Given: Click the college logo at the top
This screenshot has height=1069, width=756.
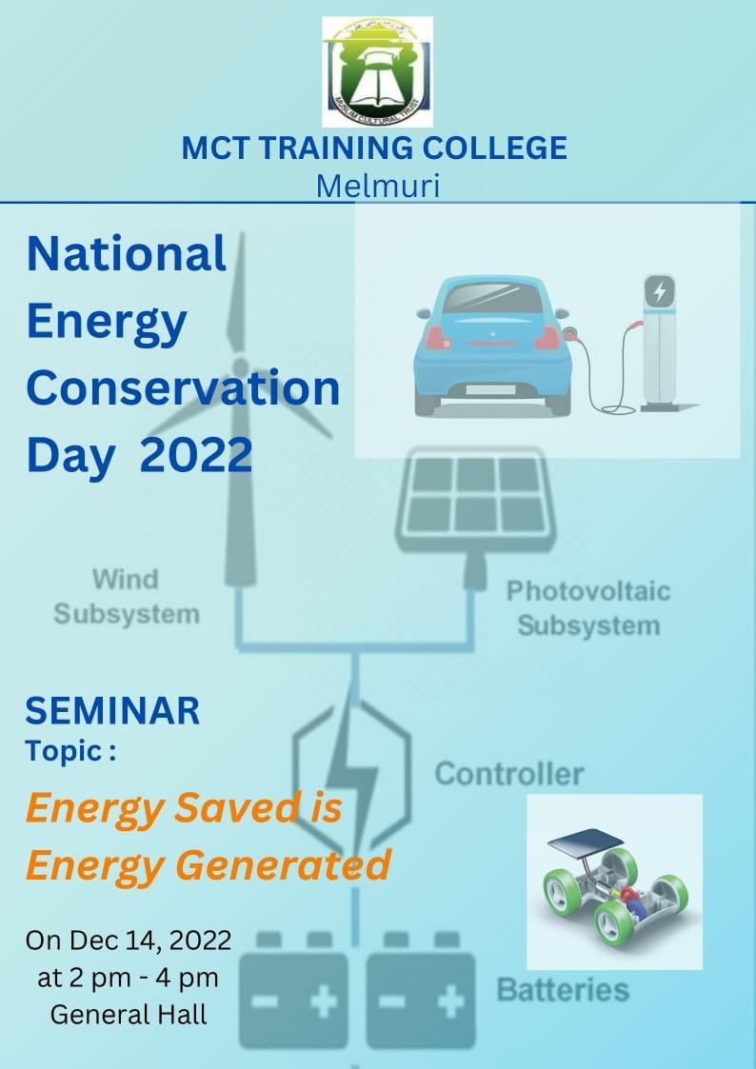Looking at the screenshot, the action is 378,71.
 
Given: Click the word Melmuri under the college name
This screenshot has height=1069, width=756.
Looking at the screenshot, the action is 378,186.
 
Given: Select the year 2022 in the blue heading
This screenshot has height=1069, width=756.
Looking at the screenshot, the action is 196,455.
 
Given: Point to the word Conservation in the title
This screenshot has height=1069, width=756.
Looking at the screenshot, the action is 183,387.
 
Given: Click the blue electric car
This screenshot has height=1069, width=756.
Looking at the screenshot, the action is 493,346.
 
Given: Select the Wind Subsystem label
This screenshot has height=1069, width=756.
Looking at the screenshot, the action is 127,597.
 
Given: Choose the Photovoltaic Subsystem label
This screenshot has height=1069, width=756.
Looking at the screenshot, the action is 588,608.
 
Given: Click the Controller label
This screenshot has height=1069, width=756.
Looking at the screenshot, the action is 509,774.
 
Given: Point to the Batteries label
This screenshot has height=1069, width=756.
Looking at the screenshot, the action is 563,990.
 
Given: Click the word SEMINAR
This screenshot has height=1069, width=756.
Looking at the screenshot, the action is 112,710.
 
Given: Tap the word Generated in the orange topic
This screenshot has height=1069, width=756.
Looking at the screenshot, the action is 283,864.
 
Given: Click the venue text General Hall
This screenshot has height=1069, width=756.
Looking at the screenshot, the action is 129,1015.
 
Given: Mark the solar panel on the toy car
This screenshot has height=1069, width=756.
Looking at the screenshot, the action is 585,844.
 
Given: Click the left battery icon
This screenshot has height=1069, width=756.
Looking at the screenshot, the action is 293,991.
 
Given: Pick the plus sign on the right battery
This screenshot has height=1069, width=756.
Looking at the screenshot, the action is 449,1002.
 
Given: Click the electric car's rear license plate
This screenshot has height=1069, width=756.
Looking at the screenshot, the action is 490,389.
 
